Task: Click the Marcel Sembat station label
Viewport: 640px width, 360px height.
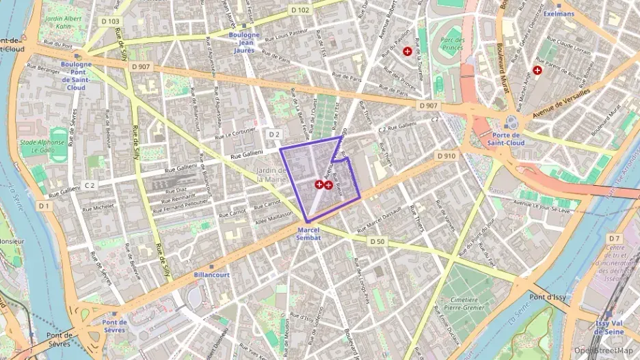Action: point(308,234)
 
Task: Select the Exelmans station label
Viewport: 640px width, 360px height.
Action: point(559,13)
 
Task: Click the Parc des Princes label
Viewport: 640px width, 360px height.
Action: point(453,44)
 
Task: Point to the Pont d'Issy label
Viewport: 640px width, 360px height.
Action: point(545,296)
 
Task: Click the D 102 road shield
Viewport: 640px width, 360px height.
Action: point(299,10)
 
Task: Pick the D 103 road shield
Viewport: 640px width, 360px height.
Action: point(109,22)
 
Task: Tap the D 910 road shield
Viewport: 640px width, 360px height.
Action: point(446,156)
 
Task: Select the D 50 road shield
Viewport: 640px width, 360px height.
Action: point(377,241)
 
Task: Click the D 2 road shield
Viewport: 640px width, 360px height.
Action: point(274,134)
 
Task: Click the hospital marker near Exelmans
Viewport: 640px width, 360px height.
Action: point(537,70)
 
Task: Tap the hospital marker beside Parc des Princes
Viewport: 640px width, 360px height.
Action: point(408,51)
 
